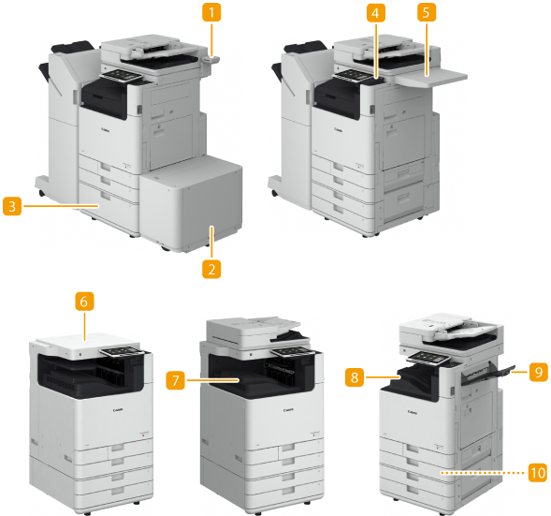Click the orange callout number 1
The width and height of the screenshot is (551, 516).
coord(211,13)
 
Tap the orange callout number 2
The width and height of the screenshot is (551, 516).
coord(211,269)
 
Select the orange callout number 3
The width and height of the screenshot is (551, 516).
coord(12,206)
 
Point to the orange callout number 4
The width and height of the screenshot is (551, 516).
coord(376,13)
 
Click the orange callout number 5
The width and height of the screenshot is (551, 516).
coord(427,13)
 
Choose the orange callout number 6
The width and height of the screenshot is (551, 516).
coord(84,302)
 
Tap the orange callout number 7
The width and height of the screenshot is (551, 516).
coord(175,380)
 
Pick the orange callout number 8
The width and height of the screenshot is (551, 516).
coord(355,377)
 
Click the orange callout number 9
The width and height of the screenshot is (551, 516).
coord(538,372)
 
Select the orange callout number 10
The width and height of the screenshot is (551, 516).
coord(538,473)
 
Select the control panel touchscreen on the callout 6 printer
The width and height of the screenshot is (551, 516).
coord(122,352)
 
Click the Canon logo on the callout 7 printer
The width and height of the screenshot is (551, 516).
coord(288,410)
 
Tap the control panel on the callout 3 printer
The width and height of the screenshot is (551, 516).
coord(122,75)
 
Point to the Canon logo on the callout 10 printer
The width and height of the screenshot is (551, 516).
coord(413,411)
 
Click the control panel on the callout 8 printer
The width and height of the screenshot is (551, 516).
coord(428,358)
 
